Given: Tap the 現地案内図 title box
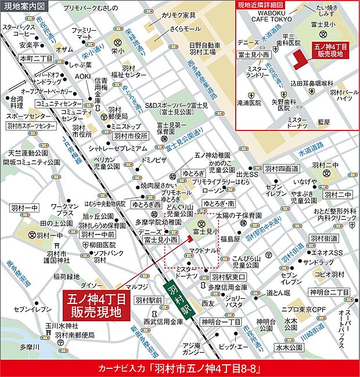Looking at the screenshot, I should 22,6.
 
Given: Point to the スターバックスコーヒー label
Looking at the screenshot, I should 21,30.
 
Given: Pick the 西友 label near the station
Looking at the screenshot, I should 208,303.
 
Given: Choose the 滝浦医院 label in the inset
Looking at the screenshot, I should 251,101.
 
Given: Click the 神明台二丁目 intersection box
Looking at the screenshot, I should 327,292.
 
